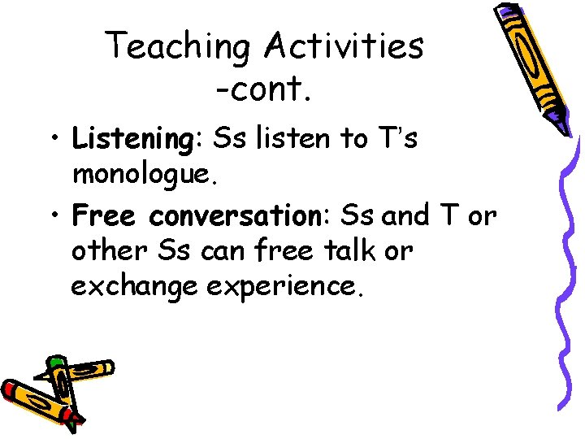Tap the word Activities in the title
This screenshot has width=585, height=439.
click(342, 46)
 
